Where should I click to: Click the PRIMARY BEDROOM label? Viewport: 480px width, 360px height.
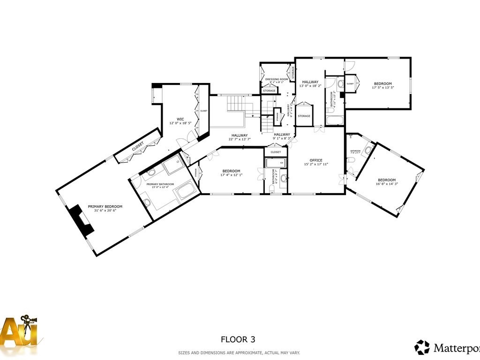(x=105, y=207)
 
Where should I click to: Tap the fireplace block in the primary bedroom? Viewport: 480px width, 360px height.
(x=82, y=219)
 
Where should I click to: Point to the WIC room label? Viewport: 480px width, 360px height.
(x=180, y=119)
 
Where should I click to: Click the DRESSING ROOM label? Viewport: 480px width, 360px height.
(x=276, y=79)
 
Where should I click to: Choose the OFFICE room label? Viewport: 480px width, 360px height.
(x=316, y=160)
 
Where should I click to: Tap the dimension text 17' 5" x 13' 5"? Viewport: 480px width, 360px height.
(x=382, y=88)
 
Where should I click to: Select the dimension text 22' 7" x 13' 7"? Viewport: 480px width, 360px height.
(x=239, y=139)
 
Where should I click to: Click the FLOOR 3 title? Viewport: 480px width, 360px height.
(x=238, y=339)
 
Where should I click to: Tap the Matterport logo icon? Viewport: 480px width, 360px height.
(x=422, y=347)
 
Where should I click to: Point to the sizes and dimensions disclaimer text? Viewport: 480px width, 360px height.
(x=239, y=352)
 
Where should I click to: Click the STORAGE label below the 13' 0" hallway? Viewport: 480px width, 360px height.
(x=304, y=116)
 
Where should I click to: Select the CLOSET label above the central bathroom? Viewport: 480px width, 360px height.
(x=276, y=152)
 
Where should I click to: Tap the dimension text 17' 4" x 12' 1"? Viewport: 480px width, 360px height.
(x=231, y=175)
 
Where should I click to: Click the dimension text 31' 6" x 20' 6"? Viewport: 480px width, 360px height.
(x=105, y=211)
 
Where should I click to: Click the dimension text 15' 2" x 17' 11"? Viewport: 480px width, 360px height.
(x=316, y=165)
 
